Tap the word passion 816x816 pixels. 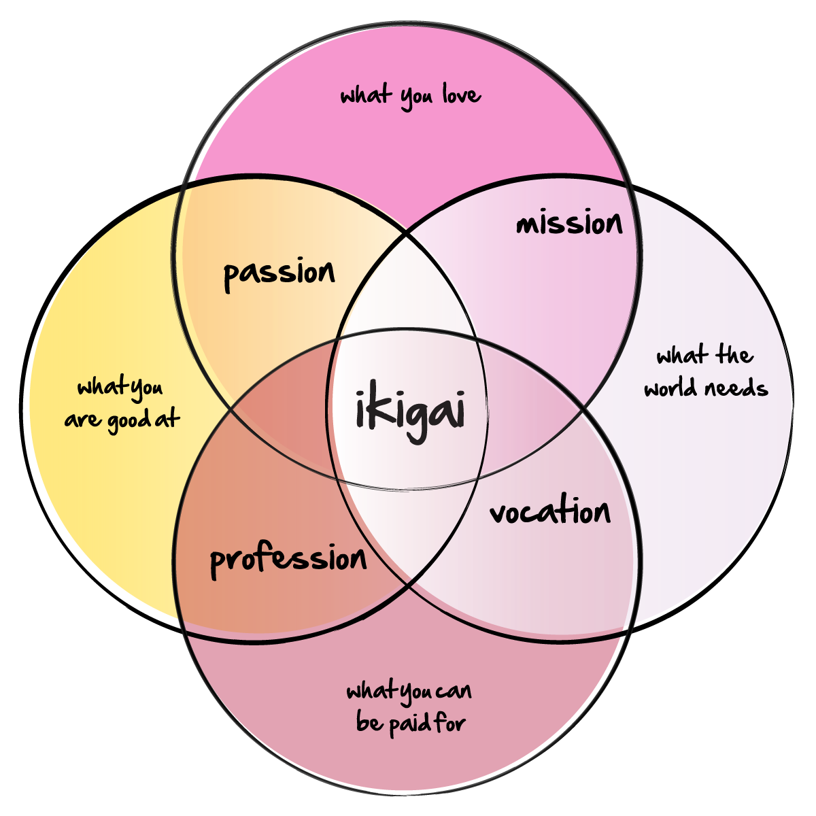click(x=279, y=274)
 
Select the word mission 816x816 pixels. click(x=569, y=223)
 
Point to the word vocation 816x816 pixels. click(x=550, y=512)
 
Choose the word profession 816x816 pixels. click(x=288, y=560)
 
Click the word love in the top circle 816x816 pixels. click(x=462, y=95)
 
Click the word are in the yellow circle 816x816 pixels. click(x=82, y=420)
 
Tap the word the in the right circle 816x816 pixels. click(x=732, y=355)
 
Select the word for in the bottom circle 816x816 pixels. click(x=449, y=721)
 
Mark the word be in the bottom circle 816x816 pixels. click(x=369, y=722)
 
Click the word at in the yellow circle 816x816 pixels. click(x=167, y=419)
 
